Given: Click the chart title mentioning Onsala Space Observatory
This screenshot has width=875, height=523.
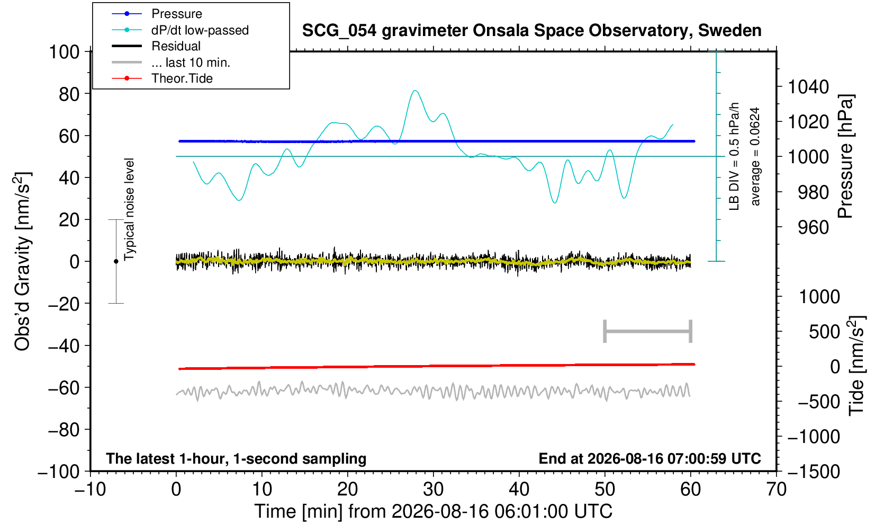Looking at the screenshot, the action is (531, 31).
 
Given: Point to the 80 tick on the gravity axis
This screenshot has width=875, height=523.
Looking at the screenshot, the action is (69, 94).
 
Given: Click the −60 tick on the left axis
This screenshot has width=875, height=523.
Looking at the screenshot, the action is (64, 388).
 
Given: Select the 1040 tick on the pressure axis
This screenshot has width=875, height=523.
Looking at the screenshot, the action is (808, 86).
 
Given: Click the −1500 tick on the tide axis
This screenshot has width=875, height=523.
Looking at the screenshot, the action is (813, 472).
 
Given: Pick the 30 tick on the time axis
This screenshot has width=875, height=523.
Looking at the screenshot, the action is (433, 489).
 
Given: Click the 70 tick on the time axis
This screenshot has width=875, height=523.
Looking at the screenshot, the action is (776, 489).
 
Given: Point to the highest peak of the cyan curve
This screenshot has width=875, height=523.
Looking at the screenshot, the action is (415, 91).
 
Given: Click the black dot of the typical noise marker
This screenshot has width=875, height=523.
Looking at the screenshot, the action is (116, 261).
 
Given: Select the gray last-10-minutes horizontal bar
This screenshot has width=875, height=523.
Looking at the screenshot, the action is (648, 331).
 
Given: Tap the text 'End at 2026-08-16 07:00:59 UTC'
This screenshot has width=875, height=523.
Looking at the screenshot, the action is (650, 458).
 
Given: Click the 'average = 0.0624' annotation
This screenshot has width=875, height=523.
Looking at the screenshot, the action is (755, 156).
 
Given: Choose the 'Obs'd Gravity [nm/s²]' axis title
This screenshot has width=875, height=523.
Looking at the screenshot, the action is (22, 261).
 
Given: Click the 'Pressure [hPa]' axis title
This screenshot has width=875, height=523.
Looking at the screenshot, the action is (845, 156).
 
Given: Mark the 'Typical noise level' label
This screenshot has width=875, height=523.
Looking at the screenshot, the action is (129, 210).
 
